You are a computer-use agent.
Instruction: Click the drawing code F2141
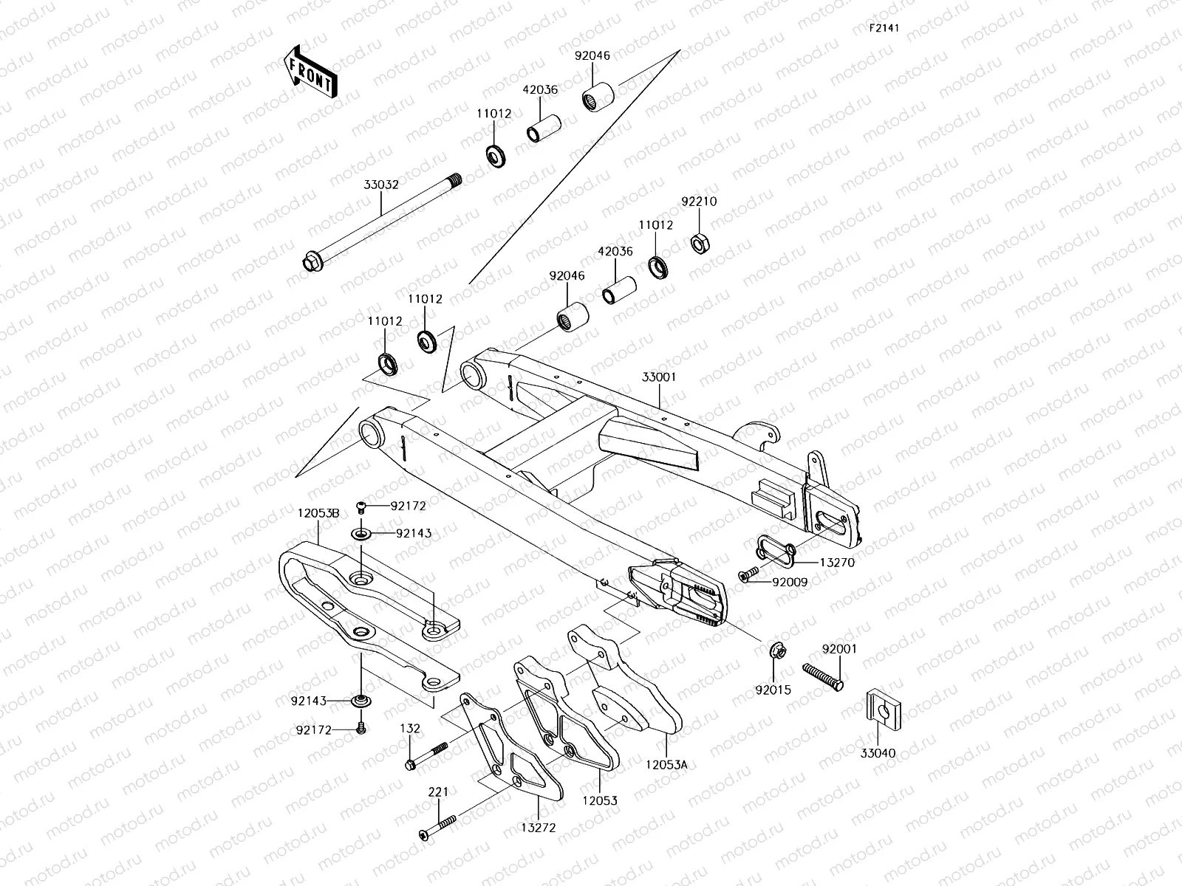pyautogui.click(x=884, y=28)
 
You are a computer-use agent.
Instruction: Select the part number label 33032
pyautogui.click(x=381, y=185)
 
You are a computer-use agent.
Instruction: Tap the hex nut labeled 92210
pyautogui.click(x=698, y=242)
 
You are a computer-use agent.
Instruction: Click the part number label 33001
pyautogui.click(x=659, y=377)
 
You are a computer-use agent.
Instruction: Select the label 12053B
pyautogui.click(x=318, y=512)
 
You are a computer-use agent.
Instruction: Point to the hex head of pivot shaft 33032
pyautogui.click(x=311, y=261)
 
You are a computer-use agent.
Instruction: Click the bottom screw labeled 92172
pyautogui.click(x=361, y=728)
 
